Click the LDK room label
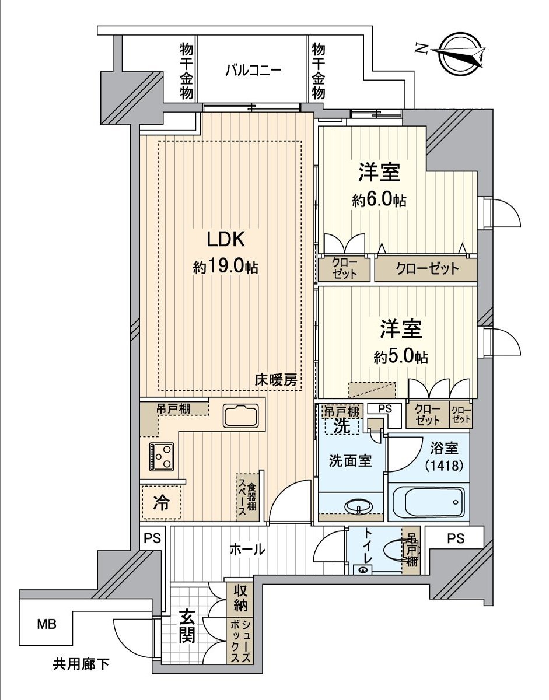coord(226,239)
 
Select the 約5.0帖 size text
coord(401,358)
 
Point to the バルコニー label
coord(253,70)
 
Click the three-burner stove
coord(161,456)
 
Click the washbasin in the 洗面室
coord(359,506)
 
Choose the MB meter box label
coord(47,625)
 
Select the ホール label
coord(247,549)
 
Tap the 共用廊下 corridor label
coord(81,664)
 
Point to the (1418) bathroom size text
coord(444,465)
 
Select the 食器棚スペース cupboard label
coord(247,497)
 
